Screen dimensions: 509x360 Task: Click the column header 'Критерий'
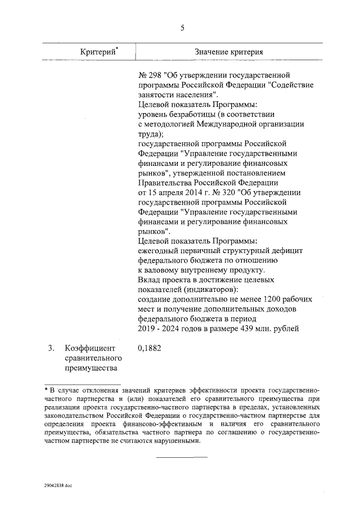98,52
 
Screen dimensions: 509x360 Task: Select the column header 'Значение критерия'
229,52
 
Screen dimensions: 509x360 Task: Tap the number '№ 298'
148,74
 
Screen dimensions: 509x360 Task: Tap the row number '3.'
51,348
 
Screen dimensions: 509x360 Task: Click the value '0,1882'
149,348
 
